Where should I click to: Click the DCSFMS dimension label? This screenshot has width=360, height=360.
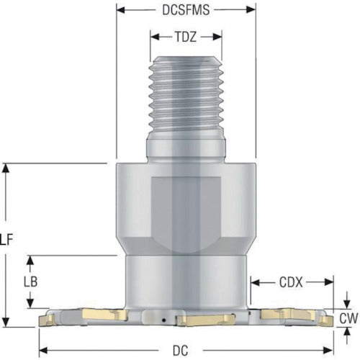pos(186,10)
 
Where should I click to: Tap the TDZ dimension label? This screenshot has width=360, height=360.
pos(186,37)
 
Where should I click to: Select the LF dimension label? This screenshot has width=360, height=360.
pos(6,240)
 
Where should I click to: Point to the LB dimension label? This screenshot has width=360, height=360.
pos(31,282)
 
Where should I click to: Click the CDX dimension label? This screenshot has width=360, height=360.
pos(291,283)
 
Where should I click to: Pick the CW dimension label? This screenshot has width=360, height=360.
pos(348,319)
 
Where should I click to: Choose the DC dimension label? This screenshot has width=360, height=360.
pos(180,351)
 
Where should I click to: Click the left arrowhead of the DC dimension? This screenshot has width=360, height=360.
pos(42,351)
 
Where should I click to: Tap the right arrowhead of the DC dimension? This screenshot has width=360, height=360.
pos(329,351)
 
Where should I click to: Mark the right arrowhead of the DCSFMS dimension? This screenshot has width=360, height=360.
pos(251,10)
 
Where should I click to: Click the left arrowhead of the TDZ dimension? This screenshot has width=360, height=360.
pos(154,37)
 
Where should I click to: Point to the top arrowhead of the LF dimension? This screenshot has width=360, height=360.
pos(6,167)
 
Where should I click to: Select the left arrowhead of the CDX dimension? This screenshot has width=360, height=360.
pos(255,282)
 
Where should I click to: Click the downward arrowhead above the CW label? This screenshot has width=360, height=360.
pos(347,305)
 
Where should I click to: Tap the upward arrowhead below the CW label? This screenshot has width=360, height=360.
pos(347,332)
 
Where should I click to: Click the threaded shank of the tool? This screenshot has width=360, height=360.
pos(186,96)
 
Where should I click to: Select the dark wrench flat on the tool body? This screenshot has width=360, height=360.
pos(186,210)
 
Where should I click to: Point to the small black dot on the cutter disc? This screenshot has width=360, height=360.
pos(164,320)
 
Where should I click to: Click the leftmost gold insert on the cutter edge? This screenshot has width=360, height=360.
pos(48,320)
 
